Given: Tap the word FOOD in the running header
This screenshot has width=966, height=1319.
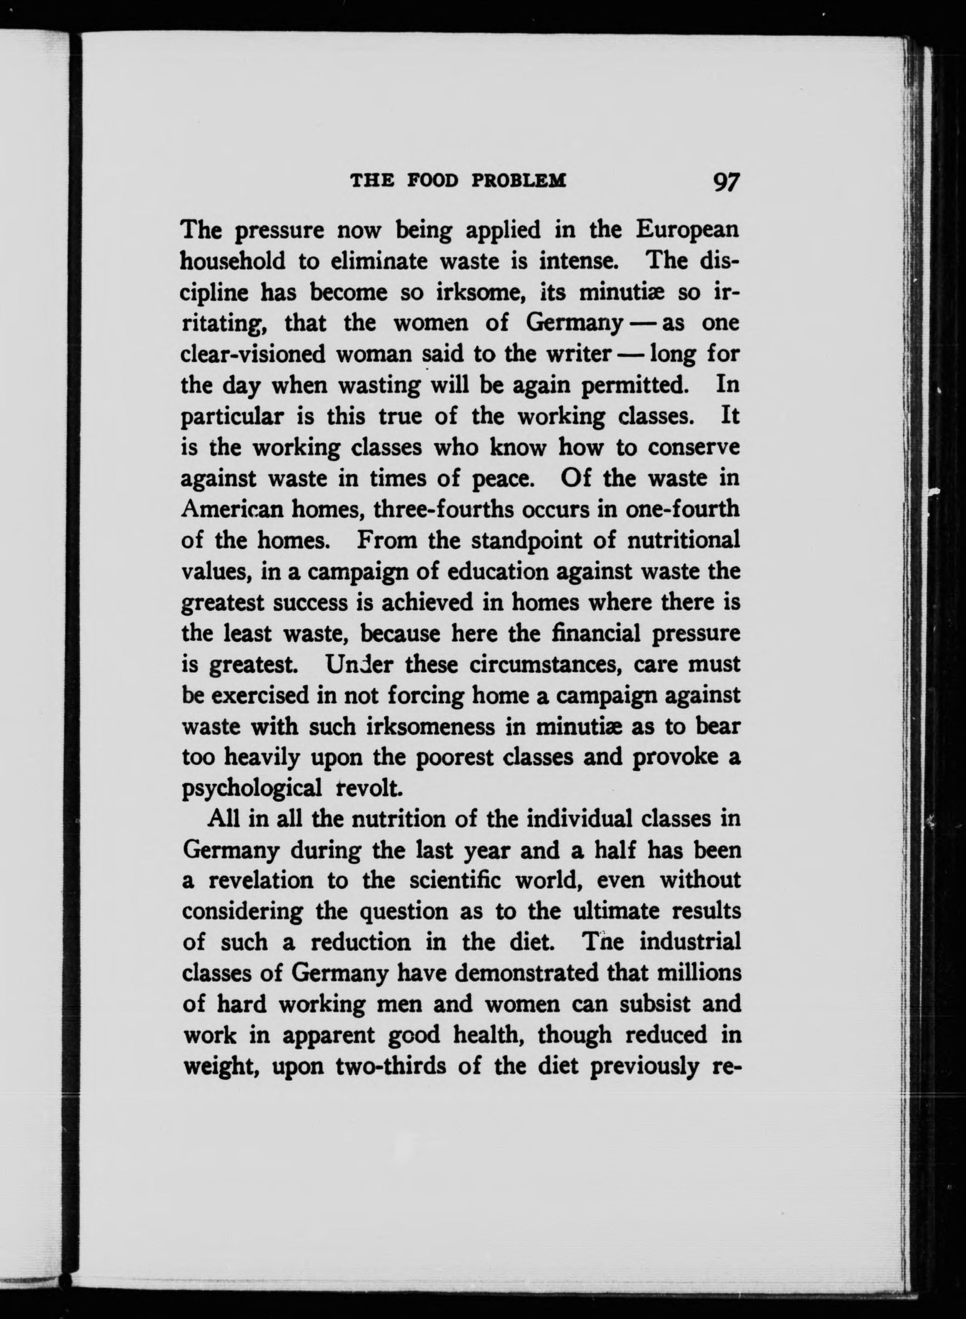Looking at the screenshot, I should coord(432,180).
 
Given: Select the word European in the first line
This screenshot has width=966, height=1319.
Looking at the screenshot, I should coord(688,229).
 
